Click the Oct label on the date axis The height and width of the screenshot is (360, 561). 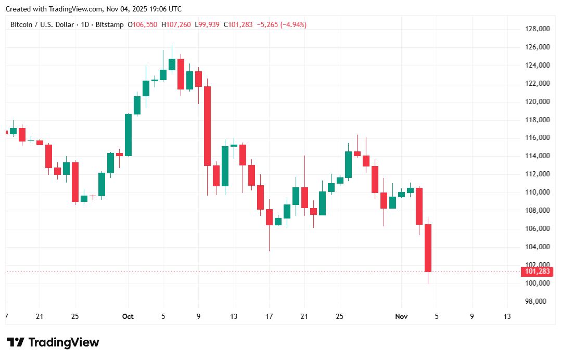pyautogui.click(x=127, y=316)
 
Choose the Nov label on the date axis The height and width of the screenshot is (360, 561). pyautogui.click(x=401, y=316)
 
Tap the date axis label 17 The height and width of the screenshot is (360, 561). pyautogui.click(x=269, y=316)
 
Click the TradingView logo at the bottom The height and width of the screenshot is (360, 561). pyautogui.click(x=53, y=342)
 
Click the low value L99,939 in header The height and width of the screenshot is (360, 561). pyautogui.click(x=208, y=24)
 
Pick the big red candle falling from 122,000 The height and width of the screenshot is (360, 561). pyautogui.click(x=207, y=125)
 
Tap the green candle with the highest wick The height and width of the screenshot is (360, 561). pyautogui.click(x=172, y=64)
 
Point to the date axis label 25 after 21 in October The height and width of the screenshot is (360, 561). pyautogui.click(x=339, y=316)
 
